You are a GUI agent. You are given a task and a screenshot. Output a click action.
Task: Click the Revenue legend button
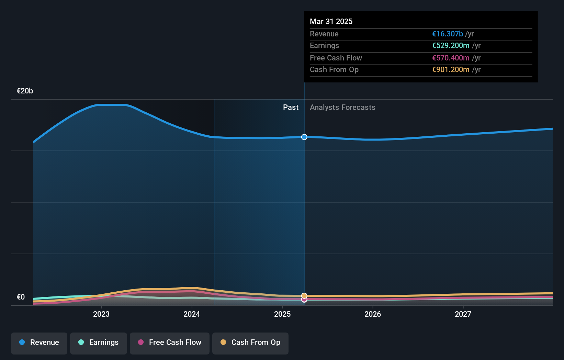tap(39, 342)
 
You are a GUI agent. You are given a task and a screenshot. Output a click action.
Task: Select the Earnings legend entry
tap(99, 342)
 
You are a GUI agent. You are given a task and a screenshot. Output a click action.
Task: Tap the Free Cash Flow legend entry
tap(170, 342)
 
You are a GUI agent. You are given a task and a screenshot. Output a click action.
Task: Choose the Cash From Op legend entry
tap(250, 342)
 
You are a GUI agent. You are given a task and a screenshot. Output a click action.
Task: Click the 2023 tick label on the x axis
tap(101, 314)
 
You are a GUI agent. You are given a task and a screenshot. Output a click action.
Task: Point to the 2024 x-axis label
tap(192, 314)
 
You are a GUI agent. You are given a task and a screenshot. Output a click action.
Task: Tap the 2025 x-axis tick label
tap(282, 314)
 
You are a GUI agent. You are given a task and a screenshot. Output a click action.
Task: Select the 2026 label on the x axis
tap(373, 314)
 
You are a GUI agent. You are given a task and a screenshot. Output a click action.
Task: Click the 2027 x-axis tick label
tap(463, 314)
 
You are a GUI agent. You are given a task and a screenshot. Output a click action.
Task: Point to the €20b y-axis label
tap(25, 91)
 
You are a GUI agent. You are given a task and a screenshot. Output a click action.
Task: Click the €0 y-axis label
tap(21, 297)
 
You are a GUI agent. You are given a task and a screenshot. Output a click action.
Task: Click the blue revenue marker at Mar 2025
tap(304, 137)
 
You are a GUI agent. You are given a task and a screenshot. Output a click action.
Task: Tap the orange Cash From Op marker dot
tap(304, 295)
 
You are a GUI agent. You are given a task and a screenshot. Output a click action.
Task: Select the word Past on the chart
tap(291, 108)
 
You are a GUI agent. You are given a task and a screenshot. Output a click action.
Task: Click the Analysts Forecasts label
tap(342, 108)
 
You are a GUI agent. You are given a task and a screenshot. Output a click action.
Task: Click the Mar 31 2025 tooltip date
tap(331, 21)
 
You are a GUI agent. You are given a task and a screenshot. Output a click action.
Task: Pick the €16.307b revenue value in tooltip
tap(448, 34)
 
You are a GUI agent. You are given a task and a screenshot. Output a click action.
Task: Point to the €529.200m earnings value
tap(451, 46)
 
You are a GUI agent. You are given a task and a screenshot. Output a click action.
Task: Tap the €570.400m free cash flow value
tap(451, 58)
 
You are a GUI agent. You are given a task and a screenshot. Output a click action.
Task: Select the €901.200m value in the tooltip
tap(451, 70)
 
